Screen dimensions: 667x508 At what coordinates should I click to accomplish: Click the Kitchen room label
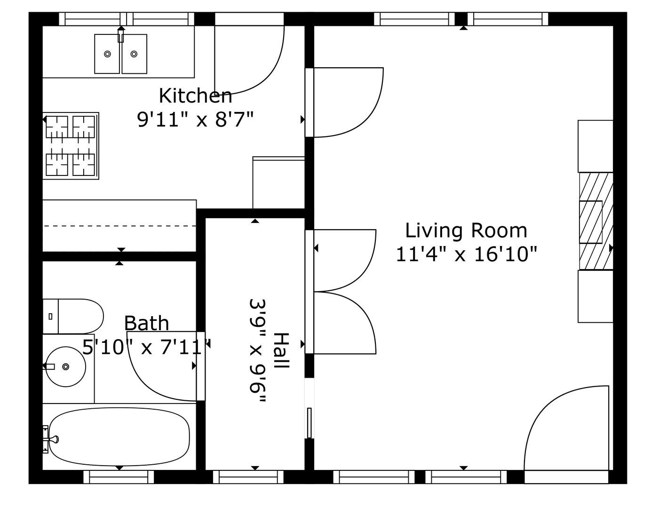[195, 95]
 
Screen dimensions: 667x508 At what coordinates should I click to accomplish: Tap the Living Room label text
[466, 230]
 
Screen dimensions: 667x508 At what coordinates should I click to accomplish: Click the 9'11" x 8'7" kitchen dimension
[195, 119]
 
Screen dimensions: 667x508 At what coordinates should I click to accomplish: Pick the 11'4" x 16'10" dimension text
[467, 254]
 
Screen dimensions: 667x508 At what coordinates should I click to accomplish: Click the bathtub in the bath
[119, 437]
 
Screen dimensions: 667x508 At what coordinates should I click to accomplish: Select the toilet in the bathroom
[73, 316]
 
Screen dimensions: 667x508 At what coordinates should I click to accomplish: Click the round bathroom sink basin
[66, 367]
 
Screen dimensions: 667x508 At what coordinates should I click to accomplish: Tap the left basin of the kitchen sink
[107, 54]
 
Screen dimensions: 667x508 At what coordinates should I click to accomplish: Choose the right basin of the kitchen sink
[135, 54]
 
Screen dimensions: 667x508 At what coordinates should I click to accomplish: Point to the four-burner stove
[71, 146]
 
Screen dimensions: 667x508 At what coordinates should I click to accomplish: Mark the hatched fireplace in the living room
[596, 221]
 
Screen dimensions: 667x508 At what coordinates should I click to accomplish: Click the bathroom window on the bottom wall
[119, 476]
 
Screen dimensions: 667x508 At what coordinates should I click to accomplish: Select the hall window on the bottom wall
[248, 476]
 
